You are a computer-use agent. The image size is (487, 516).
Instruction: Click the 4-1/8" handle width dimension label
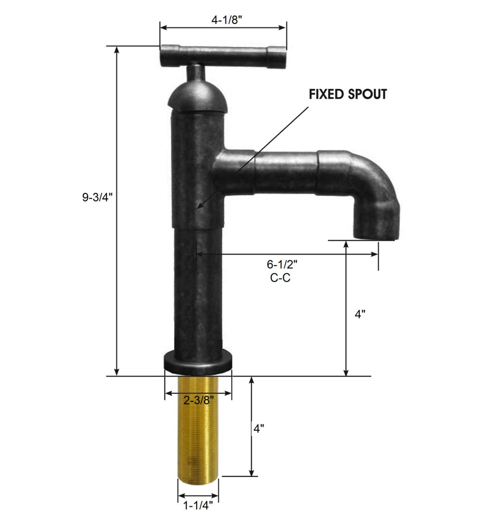tap(226, 20)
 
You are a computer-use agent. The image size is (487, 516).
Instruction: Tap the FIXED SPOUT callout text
tap(348, 94)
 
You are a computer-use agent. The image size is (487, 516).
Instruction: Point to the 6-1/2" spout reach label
tap(282, 264)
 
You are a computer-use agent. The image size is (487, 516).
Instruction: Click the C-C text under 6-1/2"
tap(280, 278)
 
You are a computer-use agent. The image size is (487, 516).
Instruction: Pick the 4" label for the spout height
tap(360, 314)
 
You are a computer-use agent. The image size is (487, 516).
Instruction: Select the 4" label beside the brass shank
tap(259, 428)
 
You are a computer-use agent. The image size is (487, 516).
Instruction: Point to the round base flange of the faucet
tap(198, 362)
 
